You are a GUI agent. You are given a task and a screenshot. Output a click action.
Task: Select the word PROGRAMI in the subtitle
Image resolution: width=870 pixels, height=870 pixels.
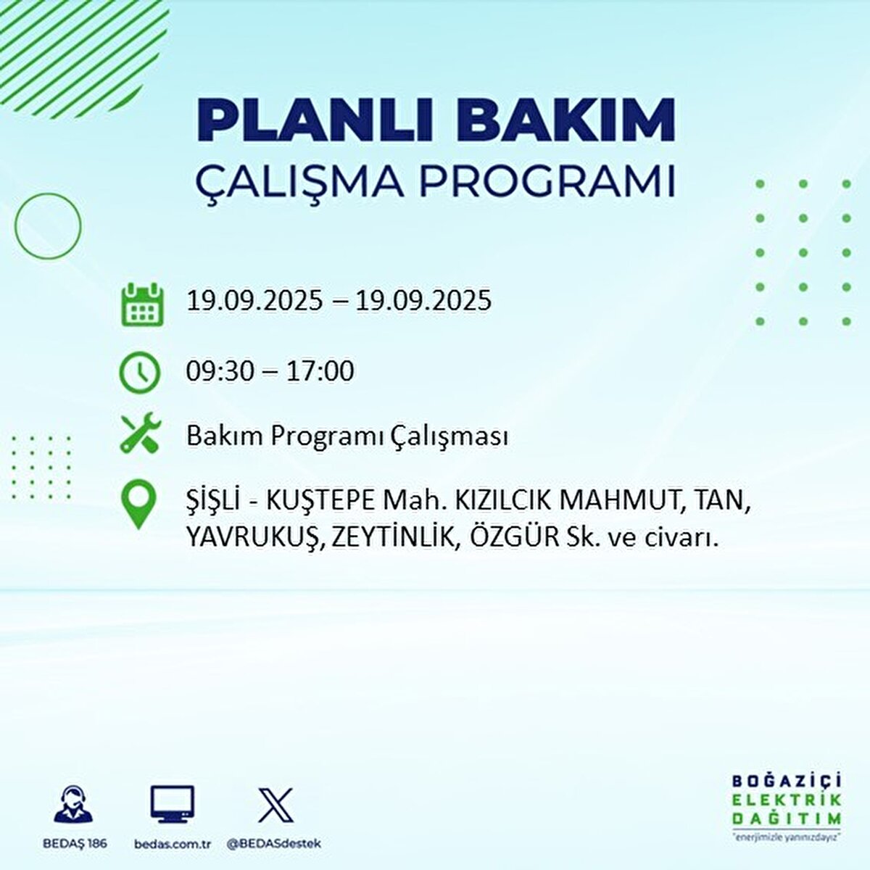click(547, 182)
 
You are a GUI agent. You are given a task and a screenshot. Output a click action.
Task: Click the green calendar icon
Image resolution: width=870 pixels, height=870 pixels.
click(141, 304)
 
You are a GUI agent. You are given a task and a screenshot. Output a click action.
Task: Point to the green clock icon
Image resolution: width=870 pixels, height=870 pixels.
click(139, 373)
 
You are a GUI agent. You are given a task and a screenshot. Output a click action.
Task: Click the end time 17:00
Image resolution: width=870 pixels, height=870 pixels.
click(320, 371)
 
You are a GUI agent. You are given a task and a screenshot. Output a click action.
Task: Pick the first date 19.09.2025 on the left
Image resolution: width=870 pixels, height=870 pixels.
click(254, 300)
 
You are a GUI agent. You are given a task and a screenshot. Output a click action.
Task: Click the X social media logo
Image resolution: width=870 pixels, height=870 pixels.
click(276, 805)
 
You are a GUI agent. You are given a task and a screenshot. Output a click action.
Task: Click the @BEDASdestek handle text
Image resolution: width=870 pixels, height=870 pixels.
click(274, 844)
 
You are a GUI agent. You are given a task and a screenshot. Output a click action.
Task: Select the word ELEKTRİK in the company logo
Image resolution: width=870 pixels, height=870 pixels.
click(787, 800)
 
